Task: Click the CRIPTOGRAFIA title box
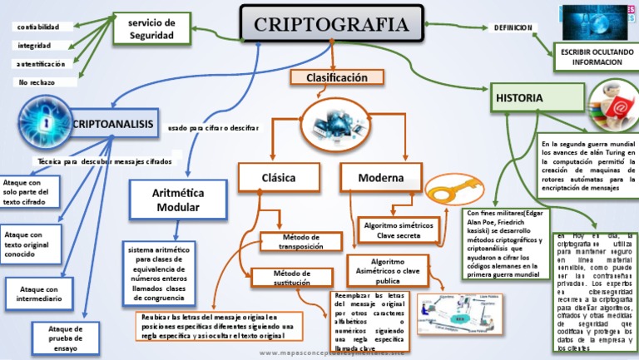[x=331, y=23]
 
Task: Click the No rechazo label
[x=34, y=82]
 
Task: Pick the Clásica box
[x=278, y=178]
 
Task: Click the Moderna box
[x=381, y=178]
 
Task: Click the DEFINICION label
[x=513, y=27]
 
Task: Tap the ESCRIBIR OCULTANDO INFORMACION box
[x=591, y=57]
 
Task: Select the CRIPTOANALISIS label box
[x=114, y=124]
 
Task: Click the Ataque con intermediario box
[x=36, y=293]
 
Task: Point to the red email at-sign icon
[x=612, y=106]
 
